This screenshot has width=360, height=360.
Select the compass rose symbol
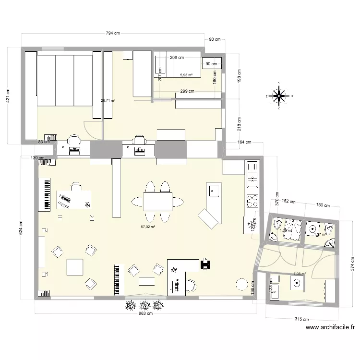click(279, 96)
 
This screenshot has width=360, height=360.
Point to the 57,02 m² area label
click(148, 227)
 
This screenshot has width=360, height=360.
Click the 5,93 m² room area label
click(186, 75)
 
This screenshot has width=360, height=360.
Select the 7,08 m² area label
click(300, 274)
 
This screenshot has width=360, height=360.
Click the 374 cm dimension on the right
click(351, 263)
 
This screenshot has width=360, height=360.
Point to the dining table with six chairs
click(157, 202)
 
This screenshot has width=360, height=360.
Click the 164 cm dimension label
click(245, 143)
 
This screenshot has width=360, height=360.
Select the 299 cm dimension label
click(187, 91)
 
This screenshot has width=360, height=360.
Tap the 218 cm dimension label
click(239, 124)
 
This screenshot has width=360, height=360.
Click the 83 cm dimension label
click(44, 142)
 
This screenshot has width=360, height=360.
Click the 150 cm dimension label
click(323, 205)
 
